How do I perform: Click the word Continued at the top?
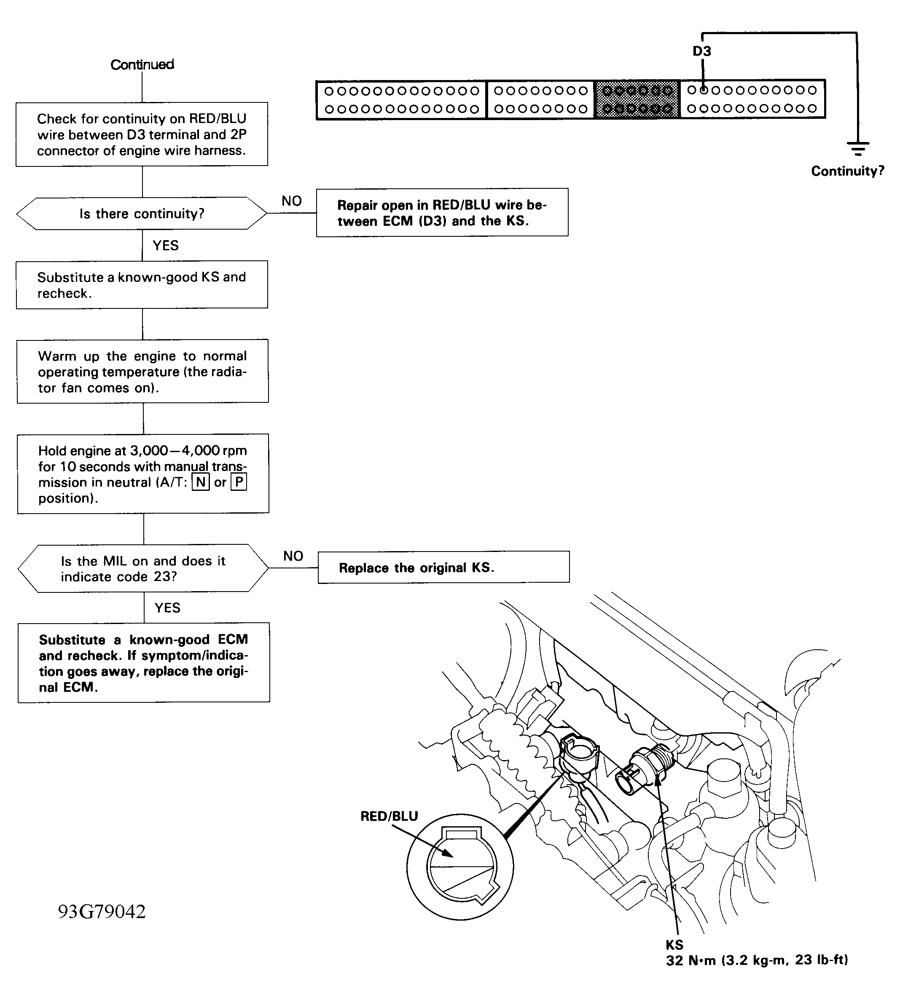(x=142, y=64)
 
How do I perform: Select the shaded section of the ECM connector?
(x=637, y=99)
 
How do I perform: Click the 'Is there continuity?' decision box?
(x=142, y=214)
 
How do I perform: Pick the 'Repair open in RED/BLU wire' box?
(x=442, y=212)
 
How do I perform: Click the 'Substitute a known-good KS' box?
(x=142, y=285)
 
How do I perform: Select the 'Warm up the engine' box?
(x=142, y=371)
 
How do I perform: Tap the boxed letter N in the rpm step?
(x=201, y=482)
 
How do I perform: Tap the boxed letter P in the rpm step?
(x=239, y=482)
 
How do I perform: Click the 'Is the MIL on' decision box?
(x=143, y=568)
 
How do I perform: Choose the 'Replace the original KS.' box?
(x=443, y=568)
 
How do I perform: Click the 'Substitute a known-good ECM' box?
(x=143, y=663)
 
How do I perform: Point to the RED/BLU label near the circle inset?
(x=389, y=816)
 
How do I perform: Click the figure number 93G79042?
(x=102, y=911)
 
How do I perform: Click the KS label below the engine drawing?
(x=674, y=945)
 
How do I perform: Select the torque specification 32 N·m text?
(x=757, y=960)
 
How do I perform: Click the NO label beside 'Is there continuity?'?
(x=292, y=201)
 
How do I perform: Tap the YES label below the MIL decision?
(x=167, y=608)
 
